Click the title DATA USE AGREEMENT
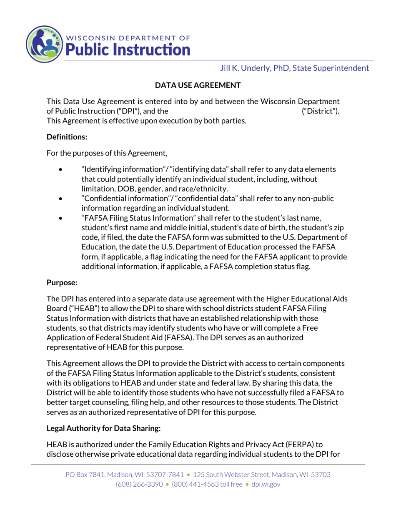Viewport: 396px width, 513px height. tap(198, 85)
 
